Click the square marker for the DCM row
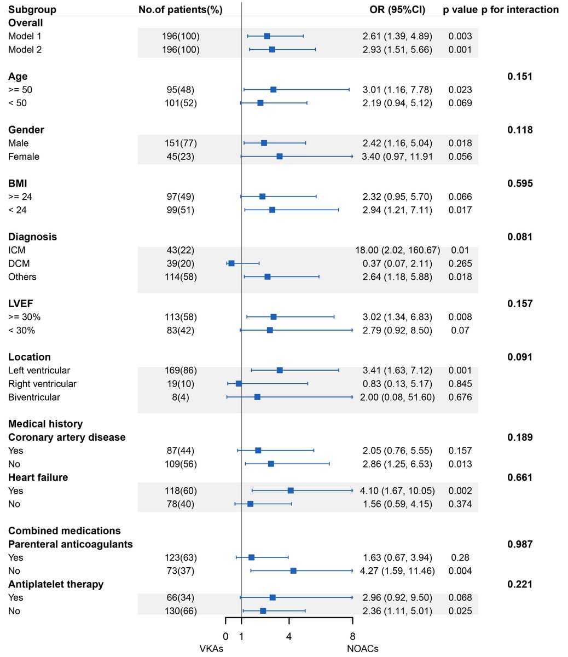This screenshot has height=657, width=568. [231, 263]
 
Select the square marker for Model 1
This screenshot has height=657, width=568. [267, 36]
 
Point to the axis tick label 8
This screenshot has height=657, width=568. [352, 636]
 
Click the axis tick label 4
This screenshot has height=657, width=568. [289, 636]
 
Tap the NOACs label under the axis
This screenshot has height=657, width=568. [362, 649]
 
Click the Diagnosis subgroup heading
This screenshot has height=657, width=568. [32, 237]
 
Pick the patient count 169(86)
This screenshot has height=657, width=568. [181, 371]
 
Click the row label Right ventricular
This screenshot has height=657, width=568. [42, 384]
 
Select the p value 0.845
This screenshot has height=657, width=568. [460, 384]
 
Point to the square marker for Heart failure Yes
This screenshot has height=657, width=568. [291, 491]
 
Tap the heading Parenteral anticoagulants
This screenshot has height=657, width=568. [71, 544]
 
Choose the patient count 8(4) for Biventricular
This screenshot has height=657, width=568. [181, 397]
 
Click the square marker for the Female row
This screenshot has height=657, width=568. [280, 157]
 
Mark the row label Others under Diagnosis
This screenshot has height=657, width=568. [22, 276]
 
